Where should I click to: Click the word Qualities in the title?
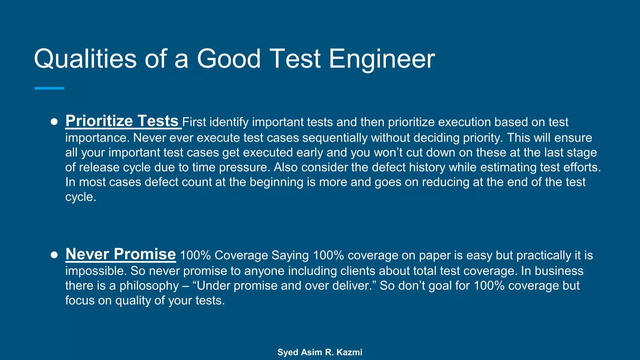pyautogui.click(x=85, y=59)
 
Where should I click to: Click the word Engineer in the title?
pyautogui.click(x=382, y=59)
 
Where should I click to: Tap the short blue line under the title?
pyautogui.click(x=49, y=88)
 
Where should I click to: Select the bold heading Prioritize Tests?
pyautogui.click(x=122, y=121)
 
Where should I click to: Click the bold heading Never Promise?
pyautogui.click(x=121, y=254)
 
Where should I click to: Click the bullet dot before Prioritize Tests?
pyautogui.click(x=54, y=122)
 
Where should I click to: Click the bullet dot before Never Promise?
pyautogui.click(x=54, y=255)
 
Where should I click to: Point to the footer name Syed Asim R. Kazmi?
pyautogui.click(x=320, y=352)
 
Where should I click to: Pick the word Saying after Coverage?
pyautogui.click(x=290, y=255)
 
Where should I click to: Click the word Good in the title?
pyautogui.click(x=228, y=59)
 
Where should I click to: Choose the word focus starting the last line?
pyautogui.click(x=80, y=301)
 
